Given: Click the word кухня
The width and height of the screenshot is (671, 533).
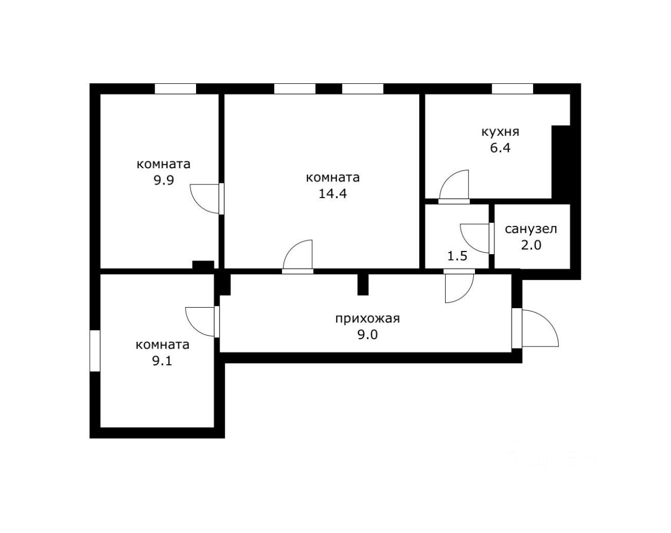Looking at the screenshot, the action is click(500, 133).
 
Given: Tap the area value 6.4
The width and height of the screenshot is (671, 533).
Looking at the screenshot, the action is click(500, 148).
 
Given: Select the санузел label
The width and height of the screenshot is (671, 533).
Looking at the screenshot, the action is click(531, 230).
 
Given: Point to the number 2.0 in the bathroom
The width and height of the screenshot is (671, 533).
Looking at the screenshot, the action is click(531, 245).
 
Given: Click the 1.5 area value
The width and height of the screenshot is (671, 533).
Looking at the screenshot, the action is click(458, 256).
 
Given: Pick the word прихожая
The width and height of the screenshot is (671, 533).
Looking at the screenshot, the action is click(367, 319).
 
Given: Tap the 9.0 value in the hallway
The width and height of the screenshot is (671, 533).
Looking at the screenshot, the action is click(367, 335).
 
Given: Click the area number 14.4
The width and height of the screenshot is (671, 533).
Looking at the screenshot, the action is click(333, 194).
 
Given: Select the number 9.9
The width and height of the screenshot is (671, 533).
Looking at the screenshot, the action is click(164, 180).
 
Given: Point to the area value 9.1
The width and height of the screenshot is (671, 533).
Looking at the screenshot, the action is click(162, 361).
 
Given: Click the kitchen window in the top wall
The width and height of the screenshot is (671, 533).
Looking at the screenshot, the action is click(512, 89).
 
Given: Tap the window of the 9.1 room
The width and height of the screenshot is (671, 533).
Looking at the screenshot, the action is click(95, 351).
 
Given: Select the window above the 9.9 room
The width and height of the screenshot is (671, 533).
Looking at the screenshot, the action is click(176, 89).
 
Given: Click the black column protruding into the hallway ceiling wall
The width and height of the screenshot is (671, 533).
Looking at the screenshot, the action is click(363, 285).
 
